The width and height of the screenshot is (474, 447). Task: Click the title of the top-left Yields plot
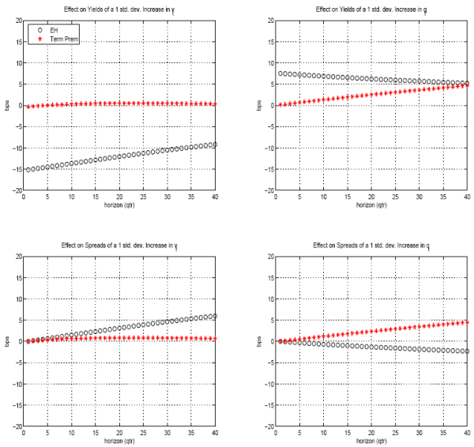(119, 9)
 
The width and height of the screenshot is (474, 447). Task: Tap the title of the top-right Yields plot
(368, 9)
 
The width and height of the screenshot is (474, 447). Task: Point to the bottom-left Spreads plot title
(119, 246)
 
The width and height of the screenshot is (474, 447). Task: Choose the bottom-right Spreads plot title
(368, 246)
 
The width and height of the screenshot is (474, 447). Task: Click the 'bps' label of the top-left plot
(6, 106)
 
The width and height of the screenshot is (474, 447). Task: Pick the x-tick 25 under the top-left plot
(143, 197)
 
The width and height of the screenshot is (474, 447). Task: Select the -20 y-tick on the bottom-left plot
(15, 426)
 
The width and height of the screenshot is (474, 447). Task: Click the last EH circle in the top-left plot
(214, 145)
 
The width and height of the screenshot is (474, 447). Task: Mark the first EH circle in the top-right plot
(281, 73)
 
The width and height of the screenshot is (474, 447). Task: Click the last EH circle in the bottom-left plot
(214, 316)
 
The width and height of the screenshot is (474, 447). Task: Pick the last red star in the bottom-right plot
(466, 321)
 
